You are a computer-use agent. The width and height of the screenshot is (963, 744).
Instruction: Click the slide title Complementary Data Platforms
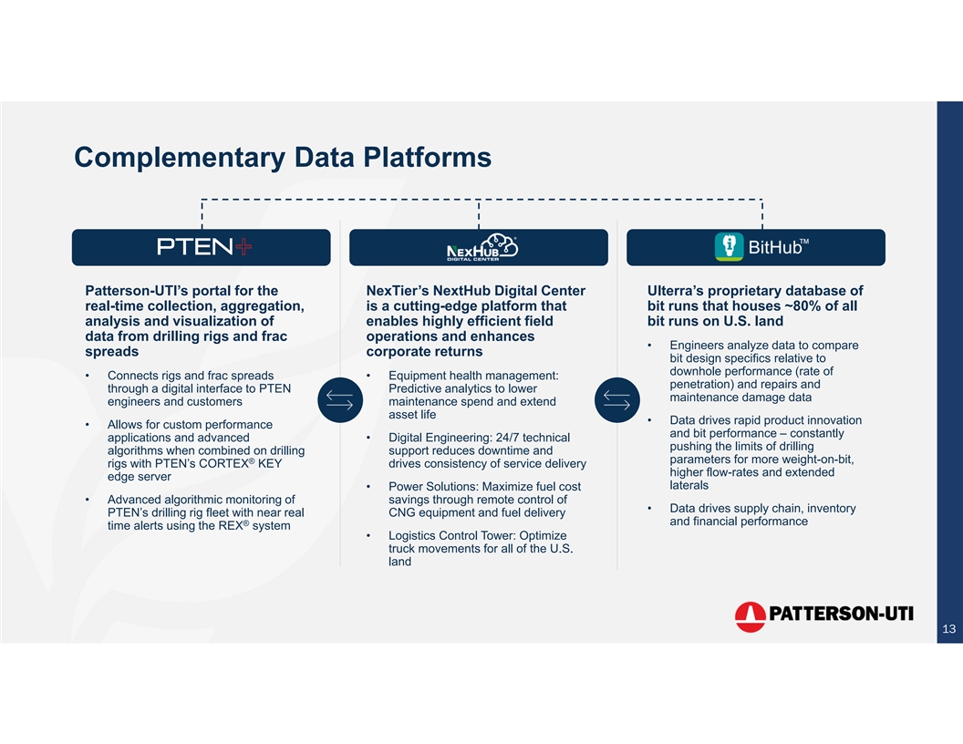coord(283,158)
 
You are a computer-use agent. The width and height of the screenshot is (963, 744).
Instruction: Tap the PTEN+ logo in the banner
coord(204,247)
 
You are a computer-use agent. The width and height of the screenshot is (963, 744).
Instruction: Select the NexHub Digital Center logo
coord(481,247)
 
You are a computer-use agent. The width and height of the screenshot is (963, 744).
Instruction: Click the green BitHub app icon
coord(729,246)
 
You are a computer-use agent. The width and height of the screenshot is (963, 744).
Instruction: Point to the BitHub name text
coord(775,248)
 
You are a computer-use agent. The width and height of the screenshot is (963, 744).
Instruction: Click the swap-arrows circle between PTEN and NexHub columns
coord(339,400)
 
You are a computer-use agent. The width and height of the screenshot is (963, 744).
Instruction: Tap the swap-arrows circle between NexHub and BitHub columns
coord(616,400)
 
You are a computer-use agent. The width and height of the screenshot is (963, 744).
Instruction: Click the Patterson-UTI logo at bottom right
coord(823,616)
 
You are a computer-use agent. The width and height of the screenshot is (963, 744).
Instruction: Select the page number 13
coord(948,629)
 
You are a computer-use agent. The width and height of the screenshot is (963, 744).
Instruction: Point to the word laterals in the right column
coord(689,485)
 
